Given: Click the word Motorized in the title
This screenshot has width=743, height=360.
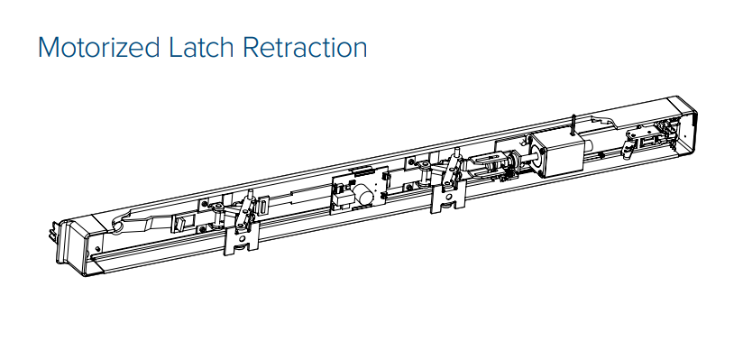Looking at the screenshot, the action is [x=98, y=48].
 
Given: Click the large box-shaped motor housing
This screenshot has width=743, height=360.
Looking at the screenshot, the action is [x=556, y=154].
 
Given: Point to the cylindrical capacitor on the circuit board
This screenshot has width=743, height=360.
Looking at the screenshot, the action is [x=363, y=194].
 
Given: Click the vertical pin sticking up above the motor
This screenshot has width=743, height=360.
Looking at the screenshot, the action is [x=573, y=125].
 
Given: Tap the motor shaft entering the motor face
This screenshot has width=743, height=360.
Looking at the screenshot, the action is [x=530, y=156].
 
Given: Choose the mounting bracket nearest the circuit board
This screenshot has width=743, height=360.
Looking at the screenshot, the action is [x=448, y=199].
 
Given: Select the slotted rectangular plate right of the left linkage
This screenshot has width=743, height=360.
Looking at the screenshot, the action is [x=263, y=208].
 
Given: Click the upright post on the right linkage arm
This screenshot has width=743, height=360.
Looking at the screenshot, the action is [x=457, y=155].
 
